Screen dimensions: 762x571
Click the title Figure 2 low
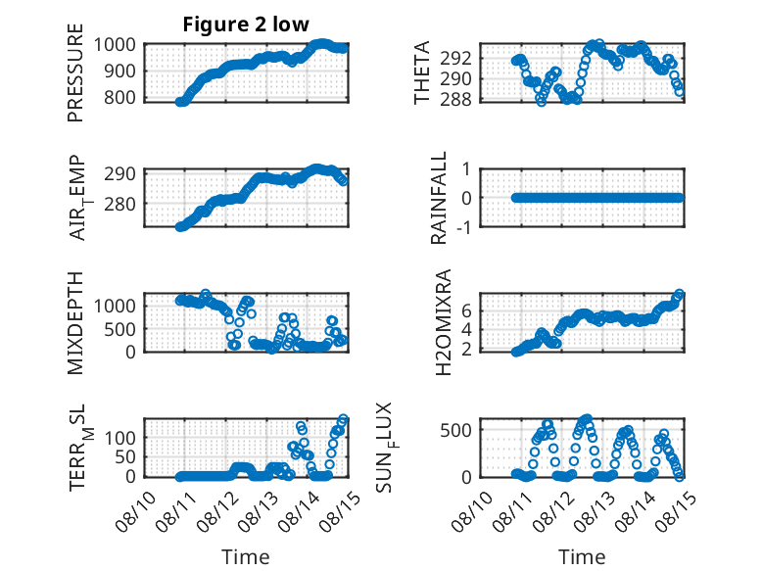tap(246, 24)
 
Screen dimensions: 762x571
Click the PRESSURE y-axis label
tap(75, 72)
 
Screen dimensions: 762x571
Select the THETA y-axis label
tap(422, 72)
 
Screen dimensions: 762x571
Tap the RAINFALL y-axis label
tap(439, 198)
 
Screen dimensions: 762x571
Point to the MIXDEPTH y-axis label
tap(75, 323)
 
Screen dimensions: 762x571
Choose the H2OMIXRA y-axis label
tap(444, 322)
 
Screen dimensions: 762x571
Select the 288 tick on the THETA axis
tap(455, 99)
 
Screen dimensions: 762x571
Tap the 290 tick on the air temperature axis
tap(119, 173)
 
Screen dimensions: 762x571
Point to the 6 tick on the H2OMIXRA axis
tap(466, 310)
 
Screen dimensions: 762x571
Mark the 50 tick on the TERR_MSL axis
tap(125, 456)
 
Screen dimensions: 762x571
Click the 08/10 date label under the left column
tap(136, 510)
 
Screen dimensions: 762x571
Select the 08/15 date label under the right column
tap(676, 510)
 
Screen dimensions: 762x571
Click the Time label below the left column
tap(246, 556)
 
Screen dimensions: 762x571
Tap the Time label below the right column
tap(582, 556)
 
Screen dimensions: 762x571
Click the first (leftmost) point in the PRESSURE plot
tap(180, 102)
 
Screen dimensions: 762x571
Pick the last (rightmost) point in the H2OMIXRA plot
tap(680, 294)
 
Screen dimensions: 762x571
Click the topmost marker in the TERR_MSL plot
tap(343, 419)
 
